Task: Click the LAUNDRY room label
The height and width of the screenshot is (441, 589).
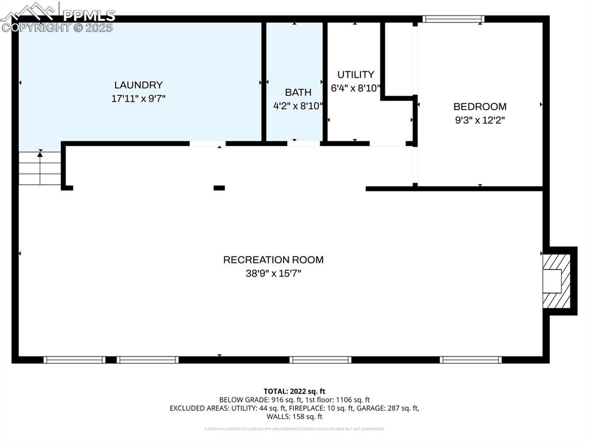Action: click(x=138, y=85)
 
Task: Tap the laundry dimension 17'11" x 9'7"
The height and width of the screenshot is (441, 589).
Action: click(x=138, y=98)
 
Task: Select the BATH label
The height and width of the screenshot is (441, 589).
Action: click(x=298, y=92)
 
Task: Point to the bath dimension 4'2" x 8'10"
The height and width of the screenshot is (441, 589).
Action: click(x=298, y=106)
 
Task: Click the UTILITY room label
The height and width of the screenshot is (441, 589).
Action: click(x=355, y=74)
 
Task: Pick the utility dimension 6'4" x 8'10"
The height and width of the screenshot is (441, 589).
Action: click(x=355, y=88)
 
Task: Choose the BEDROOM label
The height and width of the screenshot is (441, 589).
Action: click(x=480, y=106)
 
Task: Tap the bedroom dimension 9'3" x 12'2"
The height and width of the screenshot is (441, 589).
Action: click(x=480, y=120)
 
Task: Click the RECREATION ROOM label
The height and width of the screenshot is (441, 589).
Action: click(x=273, y=260)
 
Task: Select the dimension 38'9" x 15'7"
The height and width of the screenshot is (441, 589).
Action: click(x=273, y=274)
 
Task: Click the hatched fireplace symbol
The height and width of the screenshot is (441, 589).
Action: click(x=556, y=281)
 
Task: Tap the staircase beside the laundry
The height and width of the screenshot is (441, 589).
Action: click(x=40, y=168)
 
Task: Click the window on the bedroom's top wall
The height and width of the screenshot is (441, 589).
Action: click(x=453, y=19)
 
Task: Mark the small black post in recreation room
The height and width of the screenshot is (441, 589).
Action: click(x=219, y=187)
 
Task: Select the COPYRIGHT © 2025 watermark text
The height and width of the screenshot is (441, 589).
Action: click(x=58, y=28)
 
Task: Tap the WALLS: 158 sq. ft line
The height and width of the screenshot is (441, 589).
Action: click(x=294, y=417)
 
